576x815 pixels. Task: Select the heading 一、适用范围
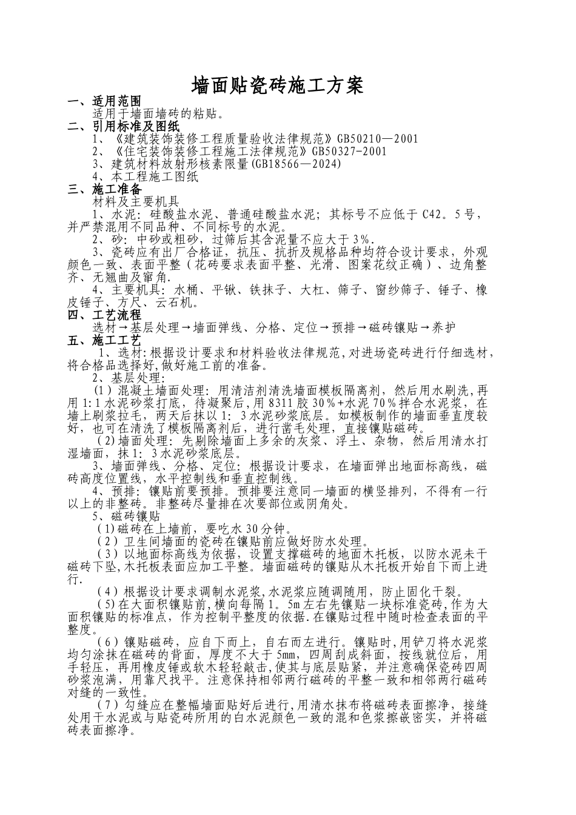click(x=104, y=102)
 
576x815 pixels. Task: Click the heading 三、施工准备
click(x=104, y=189)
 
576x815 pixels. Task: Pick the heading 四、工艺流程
click(x=104, y=315)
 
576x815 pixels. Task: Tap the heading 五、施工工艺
click(x=104, y=340)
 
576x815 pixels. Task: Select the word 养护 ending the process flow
click(x=443, y=327)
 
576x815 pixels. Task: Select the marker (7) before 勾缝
click(x=107, y=705)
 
